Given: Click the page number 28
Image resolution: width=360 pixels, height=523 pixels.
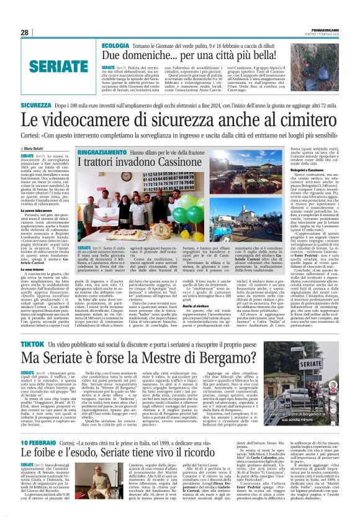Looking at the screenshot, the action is point(25,32).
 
